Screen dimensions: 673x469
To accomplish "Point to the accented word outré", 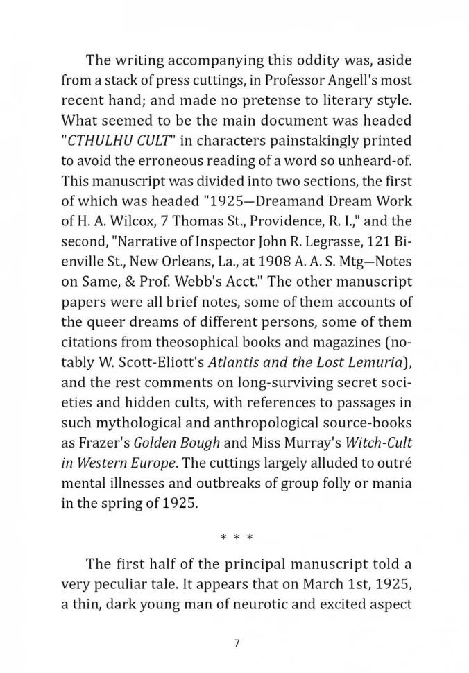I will tap(398, 463).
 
